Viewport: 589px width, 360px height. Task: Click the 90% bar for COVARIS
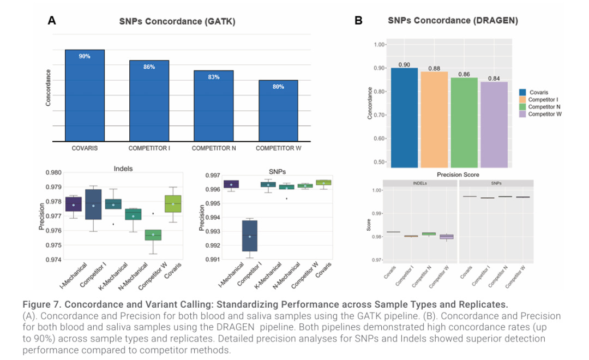click(x=85, y=95)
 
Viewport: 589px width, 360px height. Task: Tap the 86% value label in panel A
click(x=149, y=67)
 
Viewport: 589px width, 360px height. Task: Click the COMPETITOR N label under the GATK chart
click(x=214, y=148)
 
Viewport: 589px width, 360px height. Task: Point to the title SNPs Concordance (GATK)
click(x=177, y=22)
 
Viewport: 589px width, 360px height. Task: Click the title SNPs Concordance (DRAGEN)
click(x=453, y=21)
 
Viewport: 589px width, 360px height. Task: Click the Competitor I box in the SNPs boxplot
click(x=249, y=236)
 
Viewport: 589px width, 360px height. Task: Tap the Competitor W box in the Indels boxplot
click(x=153, y=235)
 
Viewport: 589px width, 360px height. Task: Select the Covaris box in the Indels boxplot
click(x=173, y=203)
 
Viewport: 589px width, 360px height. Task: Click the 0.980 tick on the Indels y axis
click(x=53, y=173)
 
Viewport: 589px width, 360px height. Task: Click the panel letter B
click(x=358, y=21)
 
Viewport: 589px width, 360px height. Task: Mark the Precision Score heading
click(x=458, y=175)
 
